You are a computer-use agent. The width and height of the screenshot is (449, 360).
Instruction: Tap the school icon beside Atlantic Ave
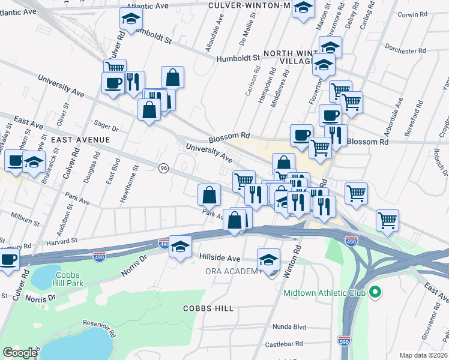pos(131,20)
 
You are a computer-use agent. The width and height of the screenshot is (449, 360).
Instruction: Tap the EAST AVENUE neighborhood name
pos(80,139)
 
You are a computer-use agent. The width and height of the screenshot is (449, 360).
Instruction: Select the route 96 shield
pos(163,169)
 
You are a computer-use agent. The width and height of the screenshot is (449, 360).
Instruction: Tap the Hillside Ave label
pos(220,257)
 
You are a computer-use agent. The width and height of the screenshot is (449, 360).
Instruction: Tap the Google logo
pos(20,353)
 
